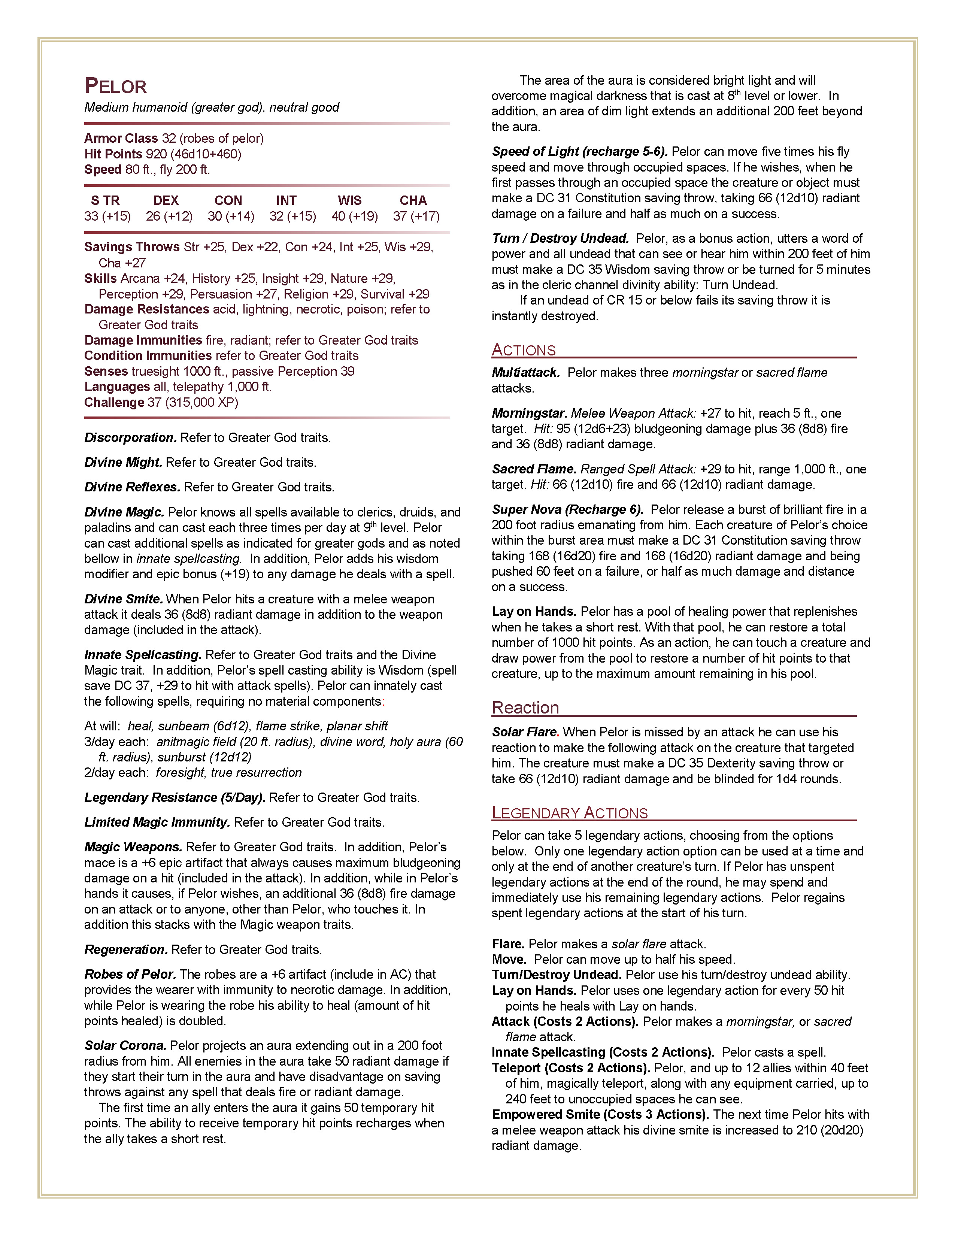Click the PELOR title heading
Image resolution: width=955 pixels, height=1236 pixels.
pos(115,87)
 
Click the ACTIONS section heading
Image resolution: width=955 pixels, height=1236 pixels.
pos(523,350)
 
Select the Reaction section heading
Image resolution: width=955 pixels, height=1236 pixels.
pos(525,708)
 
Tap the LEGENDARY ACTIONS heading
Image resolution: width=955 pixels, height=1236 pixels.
pos(569,813)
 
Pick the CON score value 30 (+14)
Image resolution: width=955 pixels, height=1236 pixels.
pos(231,216)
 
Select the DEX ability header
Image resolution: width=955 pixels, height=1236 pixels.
pos(166,200)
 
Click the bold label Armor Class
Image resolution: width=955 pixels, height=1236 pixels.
pos(121,139)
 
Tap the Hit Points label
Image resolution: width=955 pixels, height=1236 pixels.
pos(113,154)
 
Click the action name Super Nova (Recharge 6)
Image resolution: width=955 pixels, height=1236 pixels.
pos(567,509)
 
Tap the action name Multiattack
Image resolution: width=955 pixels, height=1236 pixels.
pos(525,372)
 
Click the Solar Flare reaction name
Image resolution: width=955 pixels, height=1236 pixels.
pos(525,732)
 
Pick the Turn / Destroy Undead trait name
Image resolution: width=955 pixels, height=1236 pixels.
pos(560,238)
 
